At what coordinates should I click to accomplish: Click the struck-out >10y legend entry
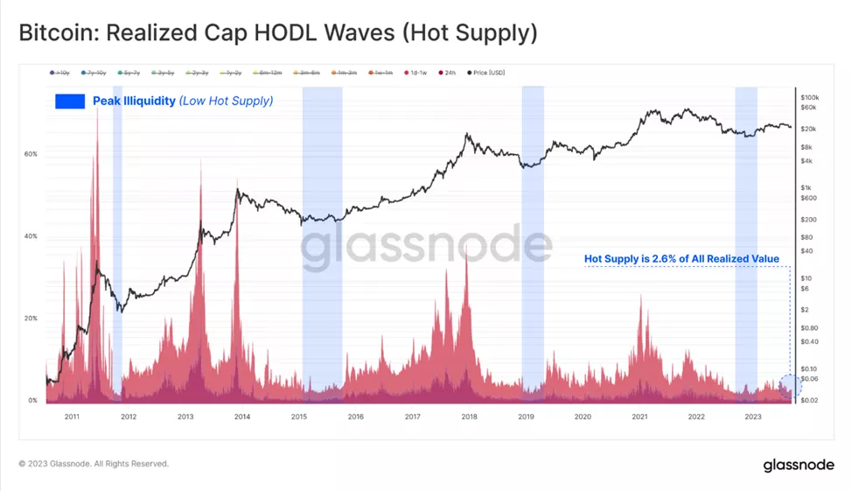click(x=62, y=73)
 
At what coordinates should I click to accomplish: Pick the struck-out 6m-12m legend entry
click(x=269, y=73)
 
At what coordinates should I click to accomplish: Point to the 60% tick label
click(x=31, y=154)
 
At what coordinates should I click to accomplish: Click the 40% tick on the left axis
click(x=31, y=236)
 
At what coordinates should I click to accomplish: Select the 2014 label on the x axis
click(x=241, y=417)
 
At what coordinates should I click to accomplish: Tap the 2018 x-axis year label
click(x=469, y=417)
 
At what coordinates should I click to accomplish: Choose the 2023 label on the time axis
click(x=753, y=417)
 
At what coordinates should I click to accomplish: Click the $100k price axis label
click(x=809, y=97)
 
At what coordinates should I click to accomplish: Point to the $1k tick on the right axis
click(x=806, y=188)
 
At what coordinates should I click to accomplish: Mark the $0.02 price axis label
click(x=809, y=400)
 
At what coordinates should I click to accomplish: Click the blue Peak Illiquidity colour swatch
click(x=70, y=102)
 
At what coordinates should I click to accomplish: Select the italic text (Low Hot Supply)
click(x=226, y=102)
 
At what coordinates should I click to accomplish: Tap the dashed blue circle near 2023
click(x=791, y=386)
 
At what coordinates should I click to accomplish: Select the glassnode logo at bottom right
click(x=797, y=464)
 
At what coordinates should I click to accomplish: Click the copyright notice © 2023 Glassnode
click(x=94, y=464)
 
